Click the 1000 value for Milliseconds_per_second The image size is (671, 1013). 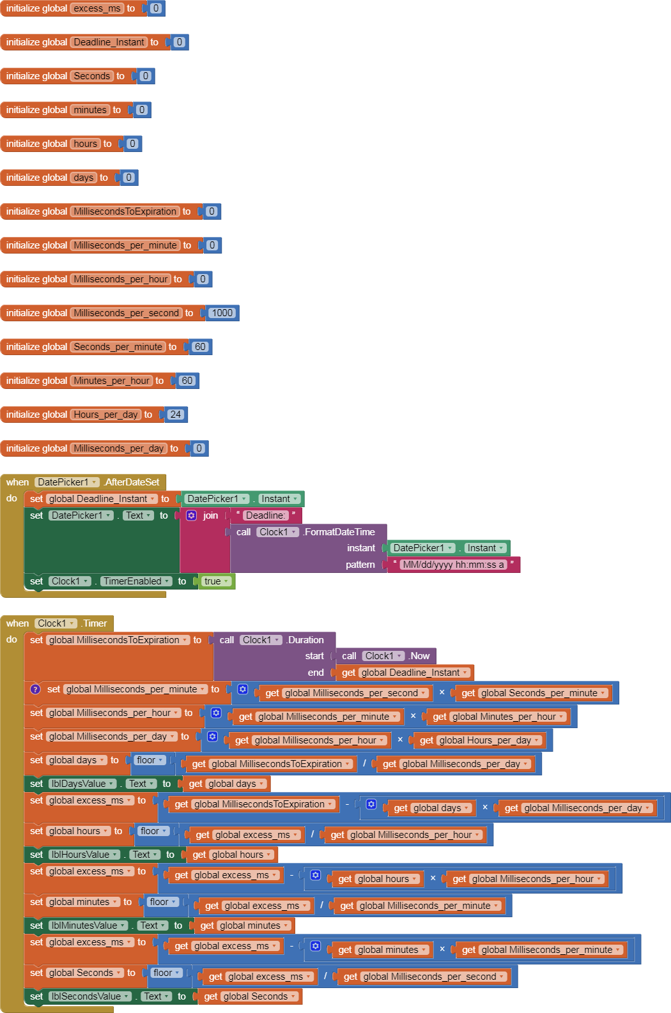click(x=222, y=313)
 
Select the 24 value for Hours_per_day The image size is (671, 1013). click(x=175, y=415)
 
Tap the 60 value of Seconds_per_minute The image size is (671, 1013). click(x=200, y=347)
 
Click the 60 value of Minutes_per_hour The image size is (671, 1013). click(x=187, y=381)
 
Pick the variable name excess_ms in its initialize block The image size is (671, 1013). click(x=96, y=8)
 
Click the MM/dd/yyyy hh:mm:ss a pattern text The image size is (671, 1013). click(x=453, y=565)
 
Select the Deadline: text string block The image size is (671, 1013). click(x=265, y=515)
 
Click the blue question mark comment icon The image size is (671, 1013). click(x=35, y=689)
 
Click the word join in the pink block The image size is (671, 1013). click(x=210, y=515)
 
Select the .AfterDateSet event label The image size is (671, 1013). click(x=132, y=482)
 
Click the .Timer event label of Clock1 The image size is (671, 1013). click(x=95, y=623)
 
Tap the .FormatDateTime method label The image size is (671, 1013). click(x=339, y=532)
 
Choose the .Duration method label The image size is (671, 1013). click(x=305, y=640)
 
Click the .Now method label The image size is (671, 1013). click(x=420, y=656)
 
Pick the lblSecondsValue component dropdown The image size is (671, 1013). click(x=90, y=996)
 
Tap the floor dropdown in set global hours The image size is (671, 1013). click(x=153, y=831)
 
